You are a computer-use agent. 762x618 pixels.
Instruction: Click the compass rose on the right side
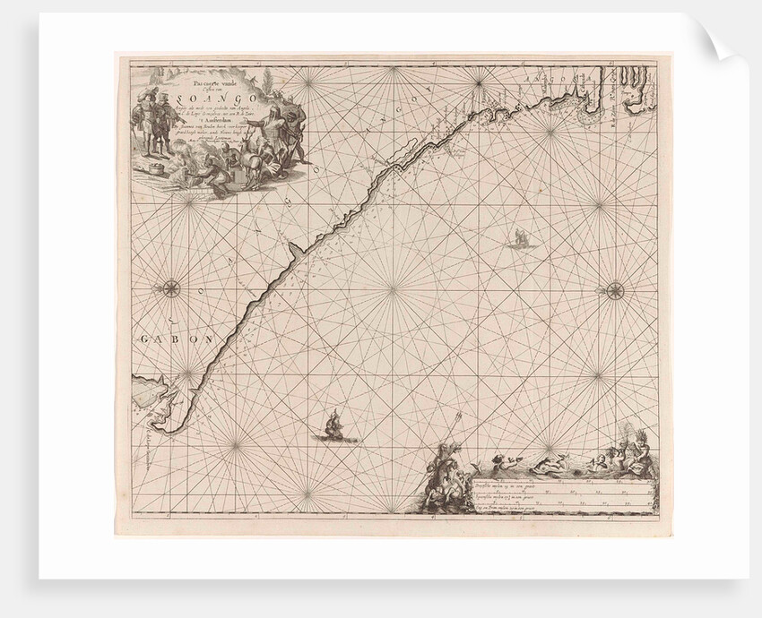615,289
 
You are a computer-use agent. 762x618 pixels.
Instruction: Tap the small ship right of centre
519,238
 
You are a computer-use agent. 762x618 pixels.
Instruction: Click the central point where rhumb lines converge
393,289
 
